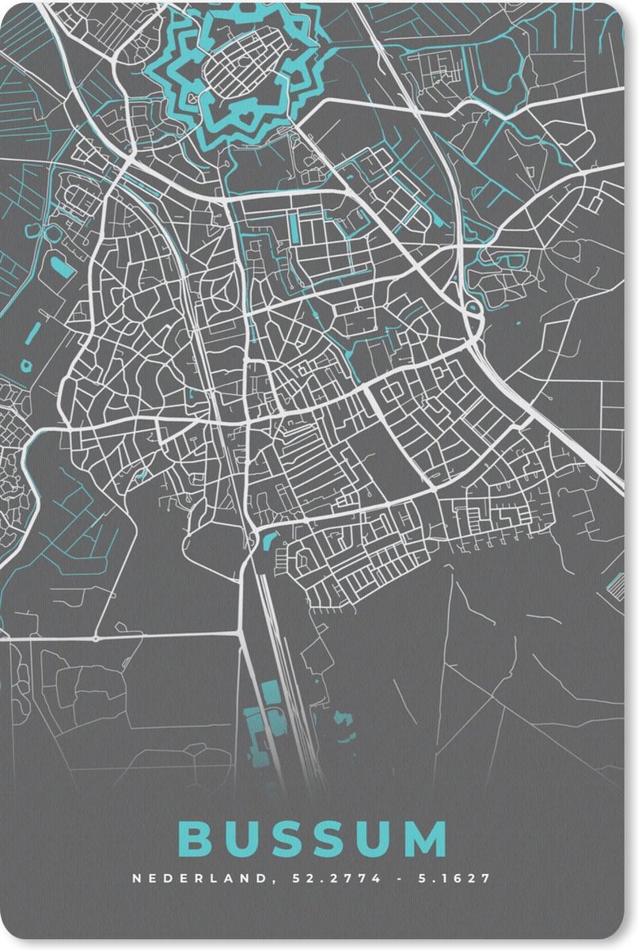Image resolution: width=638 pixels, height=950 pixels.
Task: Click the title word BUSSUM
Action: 313,839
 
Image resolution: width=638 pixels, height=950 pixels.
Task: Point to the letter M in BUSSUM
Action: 426,839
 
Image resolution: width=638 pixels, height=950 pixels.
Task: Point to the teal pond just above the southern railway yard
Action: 268,542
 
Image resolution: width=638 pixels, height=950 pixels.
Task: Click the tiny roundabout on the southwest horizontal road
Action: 96,637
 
